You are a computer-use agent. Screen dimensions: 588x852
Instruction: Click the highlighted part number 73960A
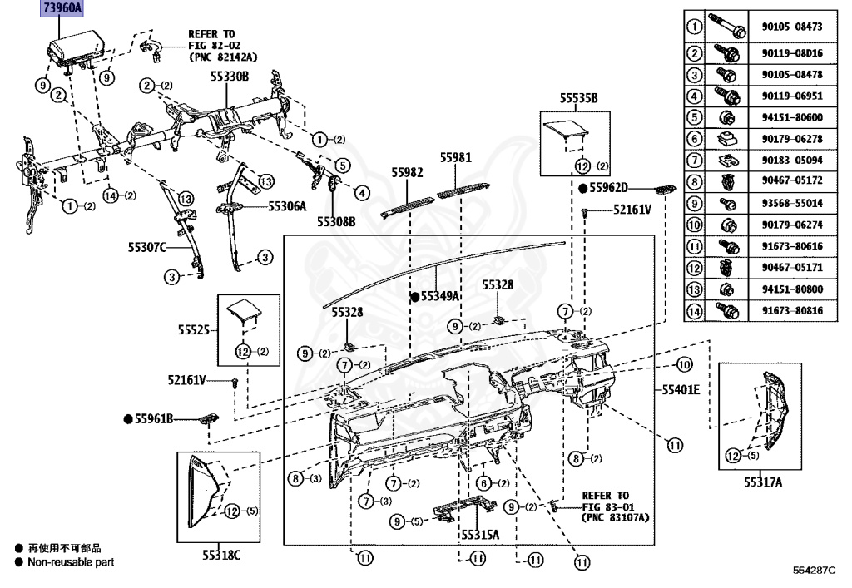62,10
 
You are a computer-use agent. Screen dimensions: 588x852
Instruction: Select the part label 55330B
229,76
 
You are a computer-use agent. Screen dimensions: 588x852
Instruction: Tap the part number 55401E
680,388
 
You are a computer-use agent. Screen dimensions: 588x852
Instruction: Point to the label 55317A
763,481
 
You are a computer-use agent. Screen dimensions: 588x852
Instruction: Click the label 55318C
220,555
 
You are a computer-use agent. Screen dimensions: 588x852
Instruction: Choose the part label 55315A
480,534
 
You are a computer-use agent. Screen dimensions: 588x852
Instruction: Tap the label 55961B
154,418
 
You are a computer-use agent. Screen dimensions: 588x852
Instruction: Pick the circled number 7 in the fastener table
694,160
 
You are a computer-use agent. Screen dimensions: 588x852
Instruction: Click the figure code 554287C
820,569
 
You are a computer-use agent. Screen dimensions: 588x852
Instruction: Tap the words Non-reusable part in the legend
71,562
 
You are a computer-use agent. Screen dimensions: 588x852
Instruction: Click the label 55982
408,172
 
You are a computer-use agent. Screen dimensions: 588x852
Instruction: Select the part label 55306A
287,205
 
